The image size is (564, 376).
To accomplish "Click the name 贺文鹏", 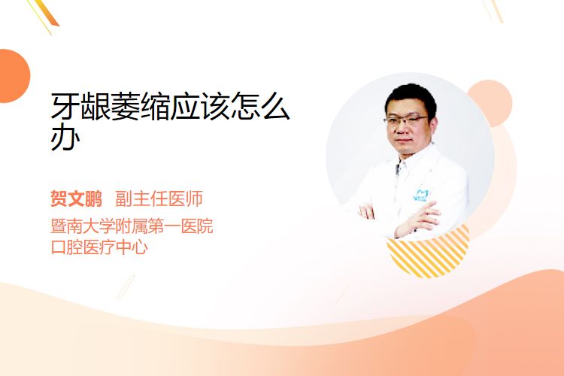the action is coord(76,199).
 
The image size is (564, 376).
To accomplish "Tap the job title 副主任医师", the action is coord(159,199).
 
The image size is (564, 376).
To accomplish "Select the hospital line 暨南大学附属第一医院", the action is coord(132,226).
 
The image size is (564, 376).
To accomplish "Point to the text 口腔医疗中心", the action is coord(99,247).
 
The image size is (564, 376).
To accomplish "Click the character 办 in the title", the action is coord(65,137).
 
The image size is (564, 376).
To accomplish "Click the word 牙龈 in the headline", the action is coord(80,106).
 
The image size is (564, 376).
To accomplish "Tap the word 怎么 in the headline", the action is coord(260,106).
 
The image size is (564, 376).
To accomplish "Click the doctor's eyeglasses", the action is coord(405,120).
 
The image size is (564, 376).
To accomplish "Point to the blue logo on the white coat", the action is coord(420,195).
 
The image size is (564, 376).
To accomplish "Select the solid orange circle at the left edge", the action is coord(14,76).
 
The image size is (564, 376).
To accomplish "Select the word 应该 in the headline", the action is coord(200,106).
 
